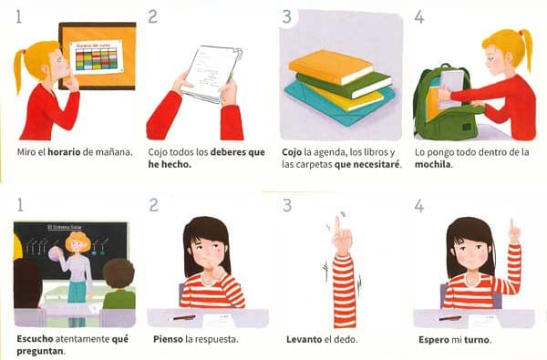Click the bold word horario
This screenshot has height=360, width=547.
coord(64,152)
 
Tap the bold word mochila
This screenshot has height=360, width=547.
coord(433,164)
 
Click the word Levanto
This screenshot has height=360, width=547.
coord(302,339)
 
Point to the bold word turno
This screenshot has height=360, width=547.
coord(477,339)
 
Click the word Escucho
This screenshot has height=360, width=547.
coord(35,339)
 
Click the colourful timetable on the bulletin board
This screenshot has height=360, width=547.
coord(97,57)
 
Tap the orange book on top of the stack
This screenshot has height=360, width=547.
coord(330,67)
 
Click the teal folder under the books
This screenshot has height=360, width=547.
coord(340,105)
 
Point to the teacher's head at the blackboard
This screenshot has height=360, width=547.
coord(78,242)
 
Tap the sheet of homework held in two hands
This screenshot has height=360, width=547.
coord(212,74)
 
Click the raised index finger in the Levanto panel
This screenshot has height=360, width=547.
coord(337,227)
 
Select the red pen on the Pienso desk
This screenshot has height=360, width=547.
coord(184,318)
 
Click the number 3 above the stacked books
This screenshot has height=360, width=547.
coord(287,17)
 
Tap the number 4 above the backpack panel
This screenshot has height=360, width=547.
coord(419,17)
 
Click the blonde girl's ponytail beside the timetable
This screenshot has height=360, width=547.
coord(19,70)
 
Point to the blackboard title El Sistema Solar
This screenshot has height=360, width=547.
coord(65,228)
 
